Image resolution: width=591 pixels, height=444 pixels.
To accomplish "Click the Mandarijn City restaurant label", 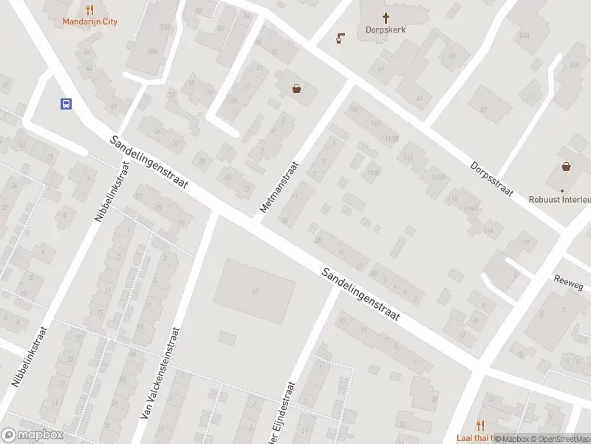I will coord(89,22).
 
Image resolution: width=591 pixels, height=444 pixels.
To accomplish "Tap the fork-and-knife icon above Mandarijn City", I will coord(90,10).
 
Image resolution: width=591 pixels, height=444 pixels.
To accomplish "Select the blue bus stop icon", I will coord(66,104).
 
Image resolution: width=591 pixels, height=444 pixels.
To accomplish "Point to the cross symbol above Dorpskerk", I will coord(386,18).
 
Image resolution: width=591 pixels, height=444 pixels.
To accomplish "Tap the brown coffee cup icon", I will coord(340,38).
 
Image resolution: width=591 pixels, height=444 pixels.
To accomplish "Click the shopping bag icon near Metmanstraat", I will coord(297,89).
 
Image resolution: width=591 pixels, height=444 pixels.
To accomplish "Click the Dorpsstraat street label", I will coord(491,178).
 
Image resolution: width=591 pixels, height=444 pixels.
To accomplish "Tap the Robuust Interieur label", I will coord(560,199).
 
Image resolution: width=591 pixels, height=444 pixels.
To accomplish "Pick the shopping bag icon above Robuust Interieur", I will coord(566,167).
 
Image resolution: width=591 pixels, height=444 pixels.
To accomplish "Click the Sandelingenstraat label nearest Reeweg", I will coord(361,294).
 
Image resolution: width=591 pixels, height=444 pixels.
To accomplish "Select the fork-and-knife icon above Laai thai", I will coord(479,425).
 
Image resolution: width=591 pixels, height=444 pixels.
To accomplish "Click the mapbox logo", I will coord(33,435).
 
